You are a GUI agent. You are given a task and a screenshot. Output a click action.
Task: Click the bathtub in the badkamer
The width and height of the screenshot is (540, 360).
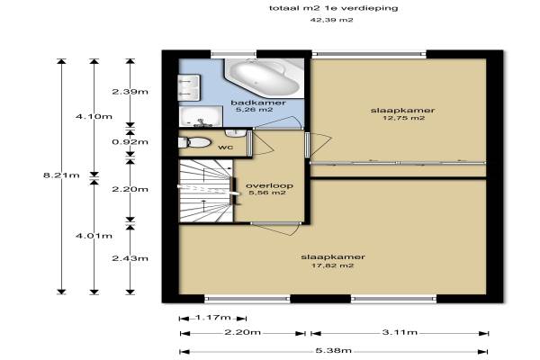point(264,78)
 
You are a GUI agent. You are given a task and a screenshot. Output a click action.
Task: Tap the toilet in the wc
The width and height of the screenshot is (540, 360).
point(194,142)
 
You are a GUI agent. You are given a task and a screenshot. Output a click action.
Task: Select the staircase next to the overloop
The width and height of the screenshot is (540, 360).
point(206,191)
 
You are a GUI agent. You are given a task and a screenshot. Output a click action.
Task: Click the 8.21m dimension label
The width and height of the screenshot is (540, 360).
point(61,175)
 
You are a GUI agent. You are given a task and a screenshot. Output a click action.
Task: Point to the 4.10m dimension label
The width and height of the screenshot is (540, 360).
point(94,116)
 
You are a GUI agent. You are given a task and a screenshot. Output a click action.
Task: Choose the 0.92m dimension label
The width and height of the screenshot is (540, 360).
point(130,142)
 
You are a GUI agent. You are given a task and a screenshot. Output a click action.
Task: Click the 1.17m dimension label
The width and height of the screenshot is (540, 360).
point(212,318)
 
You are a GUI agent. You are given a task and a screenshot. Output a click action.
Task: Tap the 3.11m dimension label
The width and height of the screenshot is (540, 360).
point(400,332)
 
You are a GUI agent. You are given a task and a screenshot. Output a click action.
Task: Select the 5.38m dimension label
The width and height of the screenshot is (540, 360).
point(333,351)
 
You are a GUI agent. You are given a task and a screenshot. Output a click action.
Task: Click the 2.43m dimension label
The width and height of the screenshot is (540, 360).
point(130,258)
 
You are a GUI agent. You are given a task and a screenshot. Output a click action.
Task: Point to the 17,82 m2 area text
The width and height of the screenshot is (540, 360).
point(332,265)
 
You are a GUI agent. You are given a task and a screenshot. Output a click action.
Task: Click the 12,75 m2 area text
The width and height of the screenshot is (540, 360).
point(403,118)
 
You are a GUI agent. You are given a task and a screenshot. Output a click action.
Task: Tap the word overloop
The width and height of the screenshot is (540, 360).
point(269,185)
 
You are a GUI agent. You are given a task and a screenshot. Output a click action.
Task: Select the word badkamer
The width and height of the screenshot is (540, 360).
point(258,103)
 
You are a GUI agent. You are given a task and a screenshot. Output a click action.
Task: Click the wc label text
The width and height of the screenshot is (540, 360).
point(226,148)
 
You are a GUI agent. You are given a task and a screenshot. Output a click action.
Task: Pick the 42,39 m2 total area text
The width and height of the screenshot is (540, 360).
point(331,20)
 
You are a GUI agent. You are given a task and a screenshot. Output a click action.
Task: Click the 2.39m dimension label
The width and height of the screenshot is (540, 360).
point(130,92)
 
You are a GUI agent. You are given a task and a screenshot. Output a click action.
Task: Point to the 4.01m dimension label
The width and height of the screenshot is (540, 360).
point(94,236)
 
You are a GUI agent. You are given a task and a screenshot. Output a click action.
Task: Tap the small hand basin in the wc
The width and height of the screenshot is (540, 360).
point(235,132)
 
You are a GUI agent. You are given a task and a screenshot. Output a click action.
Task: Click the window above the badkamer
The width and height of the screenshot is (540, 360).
point(233,54)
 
